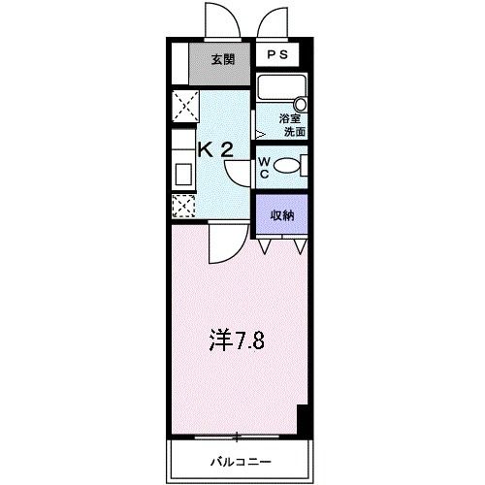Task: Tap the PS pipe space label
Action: tap(278, 55)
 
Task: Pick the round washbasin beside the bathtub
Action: tap(301, 103)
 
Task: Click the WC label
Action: tap(263, 167)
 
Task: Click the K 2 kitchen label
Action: tap(216, 148)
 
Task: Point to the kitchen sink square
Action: tap(183, 175)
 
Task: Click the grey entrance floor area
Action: tap(222, 70)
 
